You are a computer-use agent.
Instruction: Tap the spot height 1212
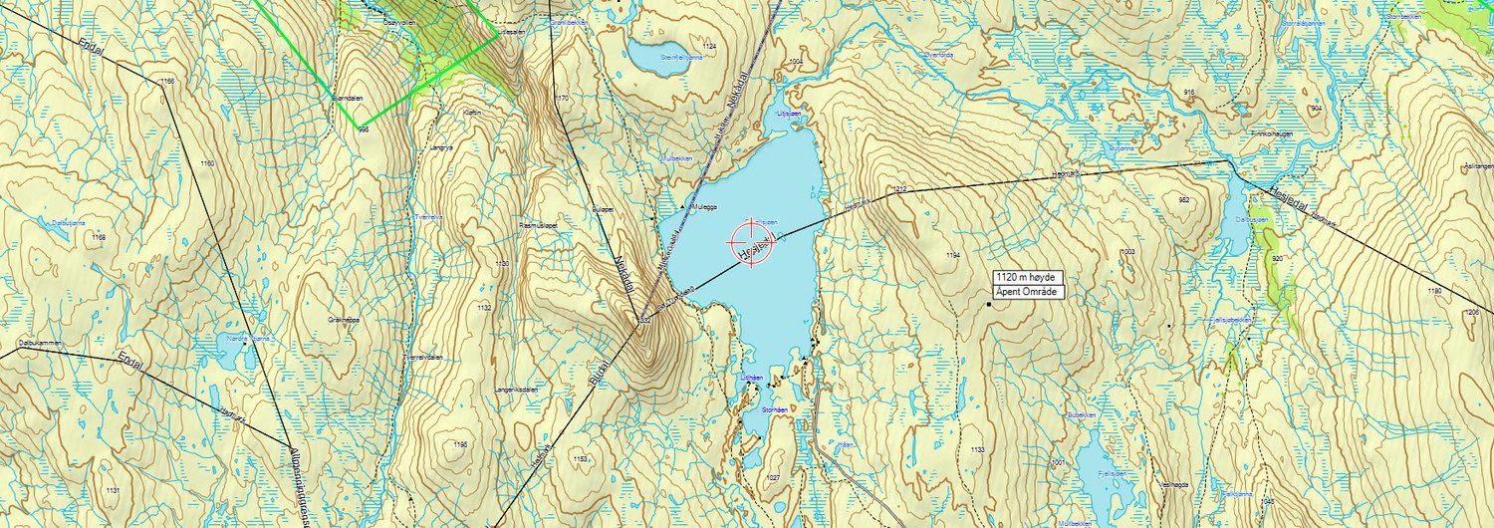coord(901,189)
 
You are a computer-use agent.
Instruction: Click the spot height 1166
coord(166,81)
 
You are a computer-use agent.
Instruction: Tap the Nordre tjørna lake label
coord(249,339)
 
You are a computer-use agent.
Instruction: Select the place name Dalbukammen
coord(40,343)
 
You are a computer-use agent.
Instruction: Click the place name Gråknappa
coord(343,320)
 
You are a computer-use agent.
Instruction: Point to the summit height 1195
coord(459,444)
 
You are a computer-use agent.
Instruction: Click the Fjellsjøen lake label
coord(1111,474)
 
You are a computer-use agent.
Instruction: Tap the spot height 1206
coord(1471,313)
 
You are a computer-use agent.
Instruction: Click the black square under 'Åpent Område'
coord(989,304)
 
